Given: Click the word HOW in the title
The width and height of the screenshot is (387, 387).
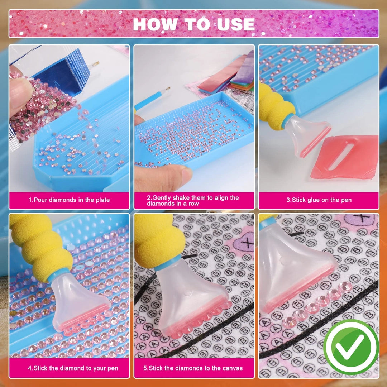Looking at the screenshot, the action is pyautogui.click(x=155, y=24).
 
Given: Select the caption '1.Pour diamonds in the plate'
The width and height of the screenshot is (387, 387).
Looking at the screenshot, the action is pyautogui.click(x=69, y=200).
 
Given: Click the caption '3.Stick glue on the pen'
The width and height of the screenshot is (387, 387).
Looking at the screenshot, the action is pyautogui.click(x=319, y=200).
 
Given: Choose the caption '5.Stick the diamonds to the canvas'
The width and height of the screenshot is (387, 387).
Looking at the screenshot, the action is pyautogui.click(x=193, y=368).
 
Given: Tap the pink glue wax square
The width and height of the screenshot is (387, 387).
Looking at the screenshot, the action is pyautogui.click(x=345, y=157).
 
